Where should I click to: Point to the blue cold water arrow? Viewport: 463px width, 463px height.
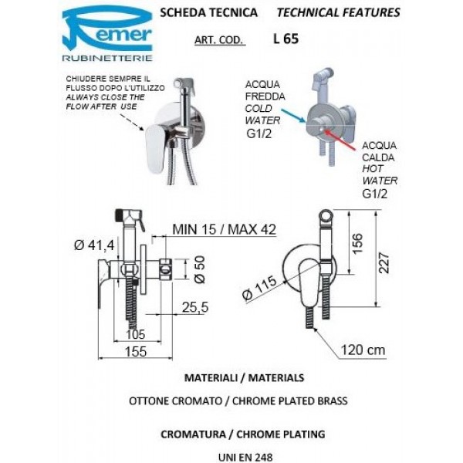tap(295, 117)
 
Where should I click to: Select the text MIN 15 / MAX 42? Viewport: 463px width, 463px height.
tap(225, 229)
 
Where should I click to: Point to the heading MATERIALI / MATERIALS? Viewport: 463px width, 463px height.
tap(232, 378)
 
